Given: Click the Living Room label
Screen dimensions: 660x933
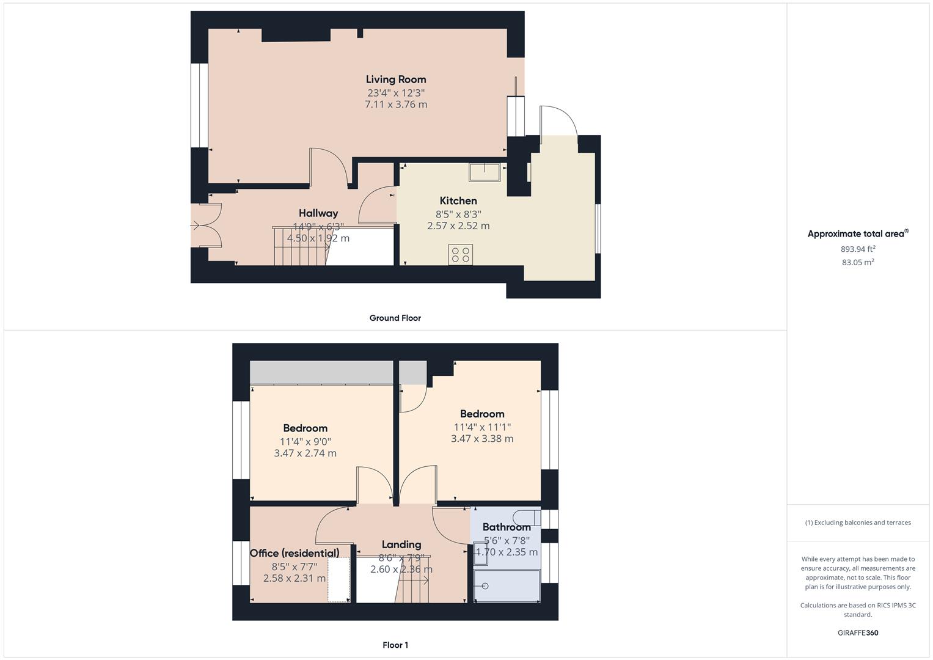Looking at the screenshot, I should pos(396,79).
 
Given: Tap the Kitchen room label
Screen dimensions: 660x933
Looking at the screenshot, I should pos(458,200).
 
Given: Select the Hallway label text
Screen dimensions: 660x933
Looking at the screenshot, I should pos(318,213).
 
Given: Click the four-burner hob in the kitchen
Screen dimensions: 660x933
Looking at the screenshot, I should pos(460,254).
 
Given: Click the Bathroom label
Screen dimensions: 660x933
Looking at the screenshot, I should pos(507,527).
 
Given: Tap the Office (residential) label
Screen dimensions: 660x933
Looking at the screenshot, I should pos(295,553).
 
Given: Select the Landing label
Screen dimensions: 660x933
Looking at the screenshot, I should pos(401,544).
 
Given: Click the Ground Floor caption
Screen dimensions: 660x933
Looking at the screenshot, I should pos(395,318).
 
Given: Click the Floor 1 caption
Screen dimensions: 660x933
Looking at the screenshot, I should pos(395,645).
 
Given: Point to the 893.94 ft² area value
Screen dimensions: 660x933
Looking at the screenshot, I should pos(858,249).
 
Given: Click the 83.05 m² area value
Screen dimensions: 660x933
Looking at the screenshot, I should pos(858,262).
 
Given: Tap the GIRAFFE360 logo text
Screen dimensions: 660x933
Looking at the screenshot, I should pos(858,632).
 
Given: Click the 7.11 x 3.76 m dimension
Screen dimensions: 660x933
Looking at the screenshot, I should pos(396,105).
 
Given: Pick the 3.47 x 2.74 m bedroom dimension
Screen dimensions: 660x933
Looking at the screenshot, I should pos(305,453).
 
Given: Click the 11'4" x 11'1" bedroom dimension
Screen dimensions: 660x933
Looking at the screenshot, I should pos(482,427).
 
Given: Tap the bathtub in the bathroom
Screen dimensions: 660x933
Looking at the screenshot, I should pos(507,586).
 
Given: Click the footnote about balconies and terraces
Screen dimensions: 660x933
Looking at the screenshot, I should pos(858,522).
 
